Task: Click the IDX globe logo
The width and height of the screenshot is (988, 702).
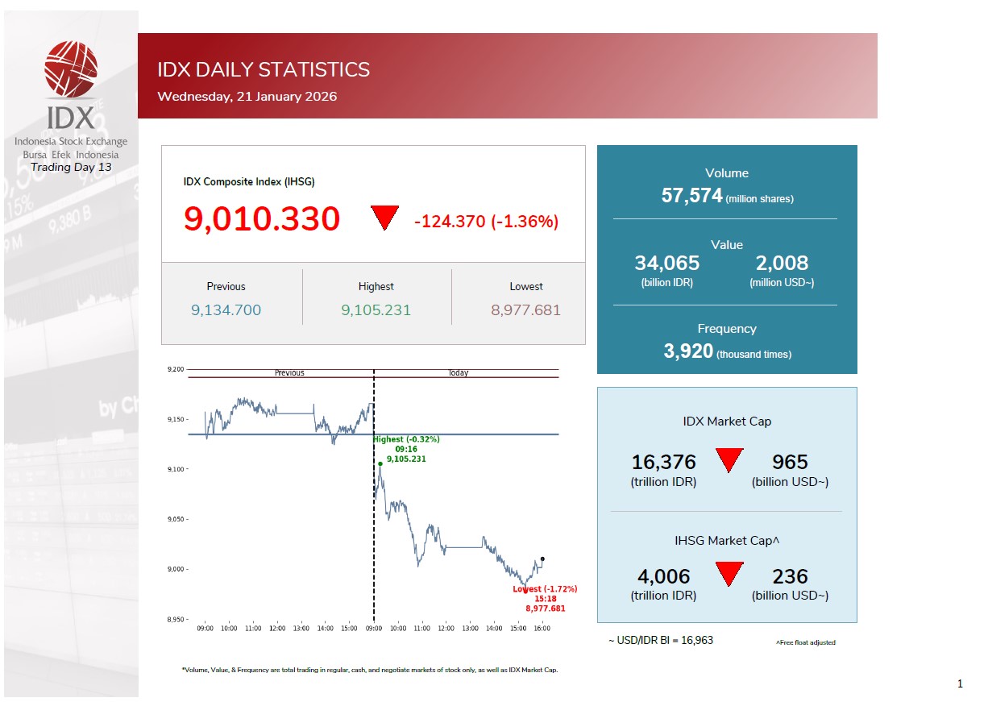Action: click(x=71, y=69)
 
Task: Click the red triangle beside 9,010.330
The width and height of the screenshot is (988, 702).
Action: click(x=385, y=217)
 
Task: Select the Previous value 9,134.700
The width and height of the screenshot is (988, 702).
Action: click(x=226, y=310)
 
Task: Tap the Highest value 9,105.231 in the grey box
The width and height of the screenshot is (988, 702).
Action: click(x=376, y=310)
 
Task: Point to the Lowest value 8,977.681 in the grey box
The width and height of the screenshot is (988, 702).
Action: click(x=525, y=310)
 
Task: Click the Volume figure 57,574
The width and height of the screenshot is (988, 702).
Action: click(x=691, y=195)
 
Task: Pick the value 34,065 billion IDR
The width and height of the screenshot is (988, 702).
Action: click(x=666, y=264)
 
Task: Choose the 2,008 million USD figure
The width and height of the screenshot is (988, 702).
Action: click(x=782, y=264)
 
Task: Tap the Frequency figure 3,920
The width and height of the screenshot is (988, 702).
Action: click(x=688, y=351)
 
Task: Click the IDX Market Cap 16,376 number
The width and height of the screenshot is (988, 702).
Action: click(x=663, y=462)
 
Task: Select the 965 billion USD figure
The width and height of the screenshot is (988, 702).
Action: click(x=790, y=462)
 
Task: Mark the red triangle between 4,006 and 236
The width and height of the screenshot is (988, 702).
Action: click(x=729, y=573)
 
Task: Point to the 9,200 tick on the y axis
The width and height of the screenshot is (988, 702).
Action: click(x=176, y=370)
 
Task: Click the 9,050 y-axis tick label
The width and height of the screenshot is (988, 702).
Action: click(x=176, y=520)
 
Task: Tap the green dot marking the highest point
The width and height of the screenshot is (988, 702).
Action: click(x=380, y=463)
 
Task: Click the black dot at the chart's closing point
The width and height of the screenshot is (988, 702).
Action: click(x=542, y=559)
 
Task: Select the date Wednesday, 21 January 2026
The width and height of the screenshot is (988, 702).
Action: click(x=247, y=97)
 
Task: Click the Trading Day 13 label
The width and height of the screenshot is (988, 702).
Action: click(x=71, y=168)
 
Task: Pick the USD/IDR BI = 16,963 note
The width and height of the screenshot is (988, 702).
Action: click(x=661, y=641)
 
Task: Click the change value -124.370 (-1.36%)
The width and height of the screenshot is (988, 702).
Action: click(x=486, y=222)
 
